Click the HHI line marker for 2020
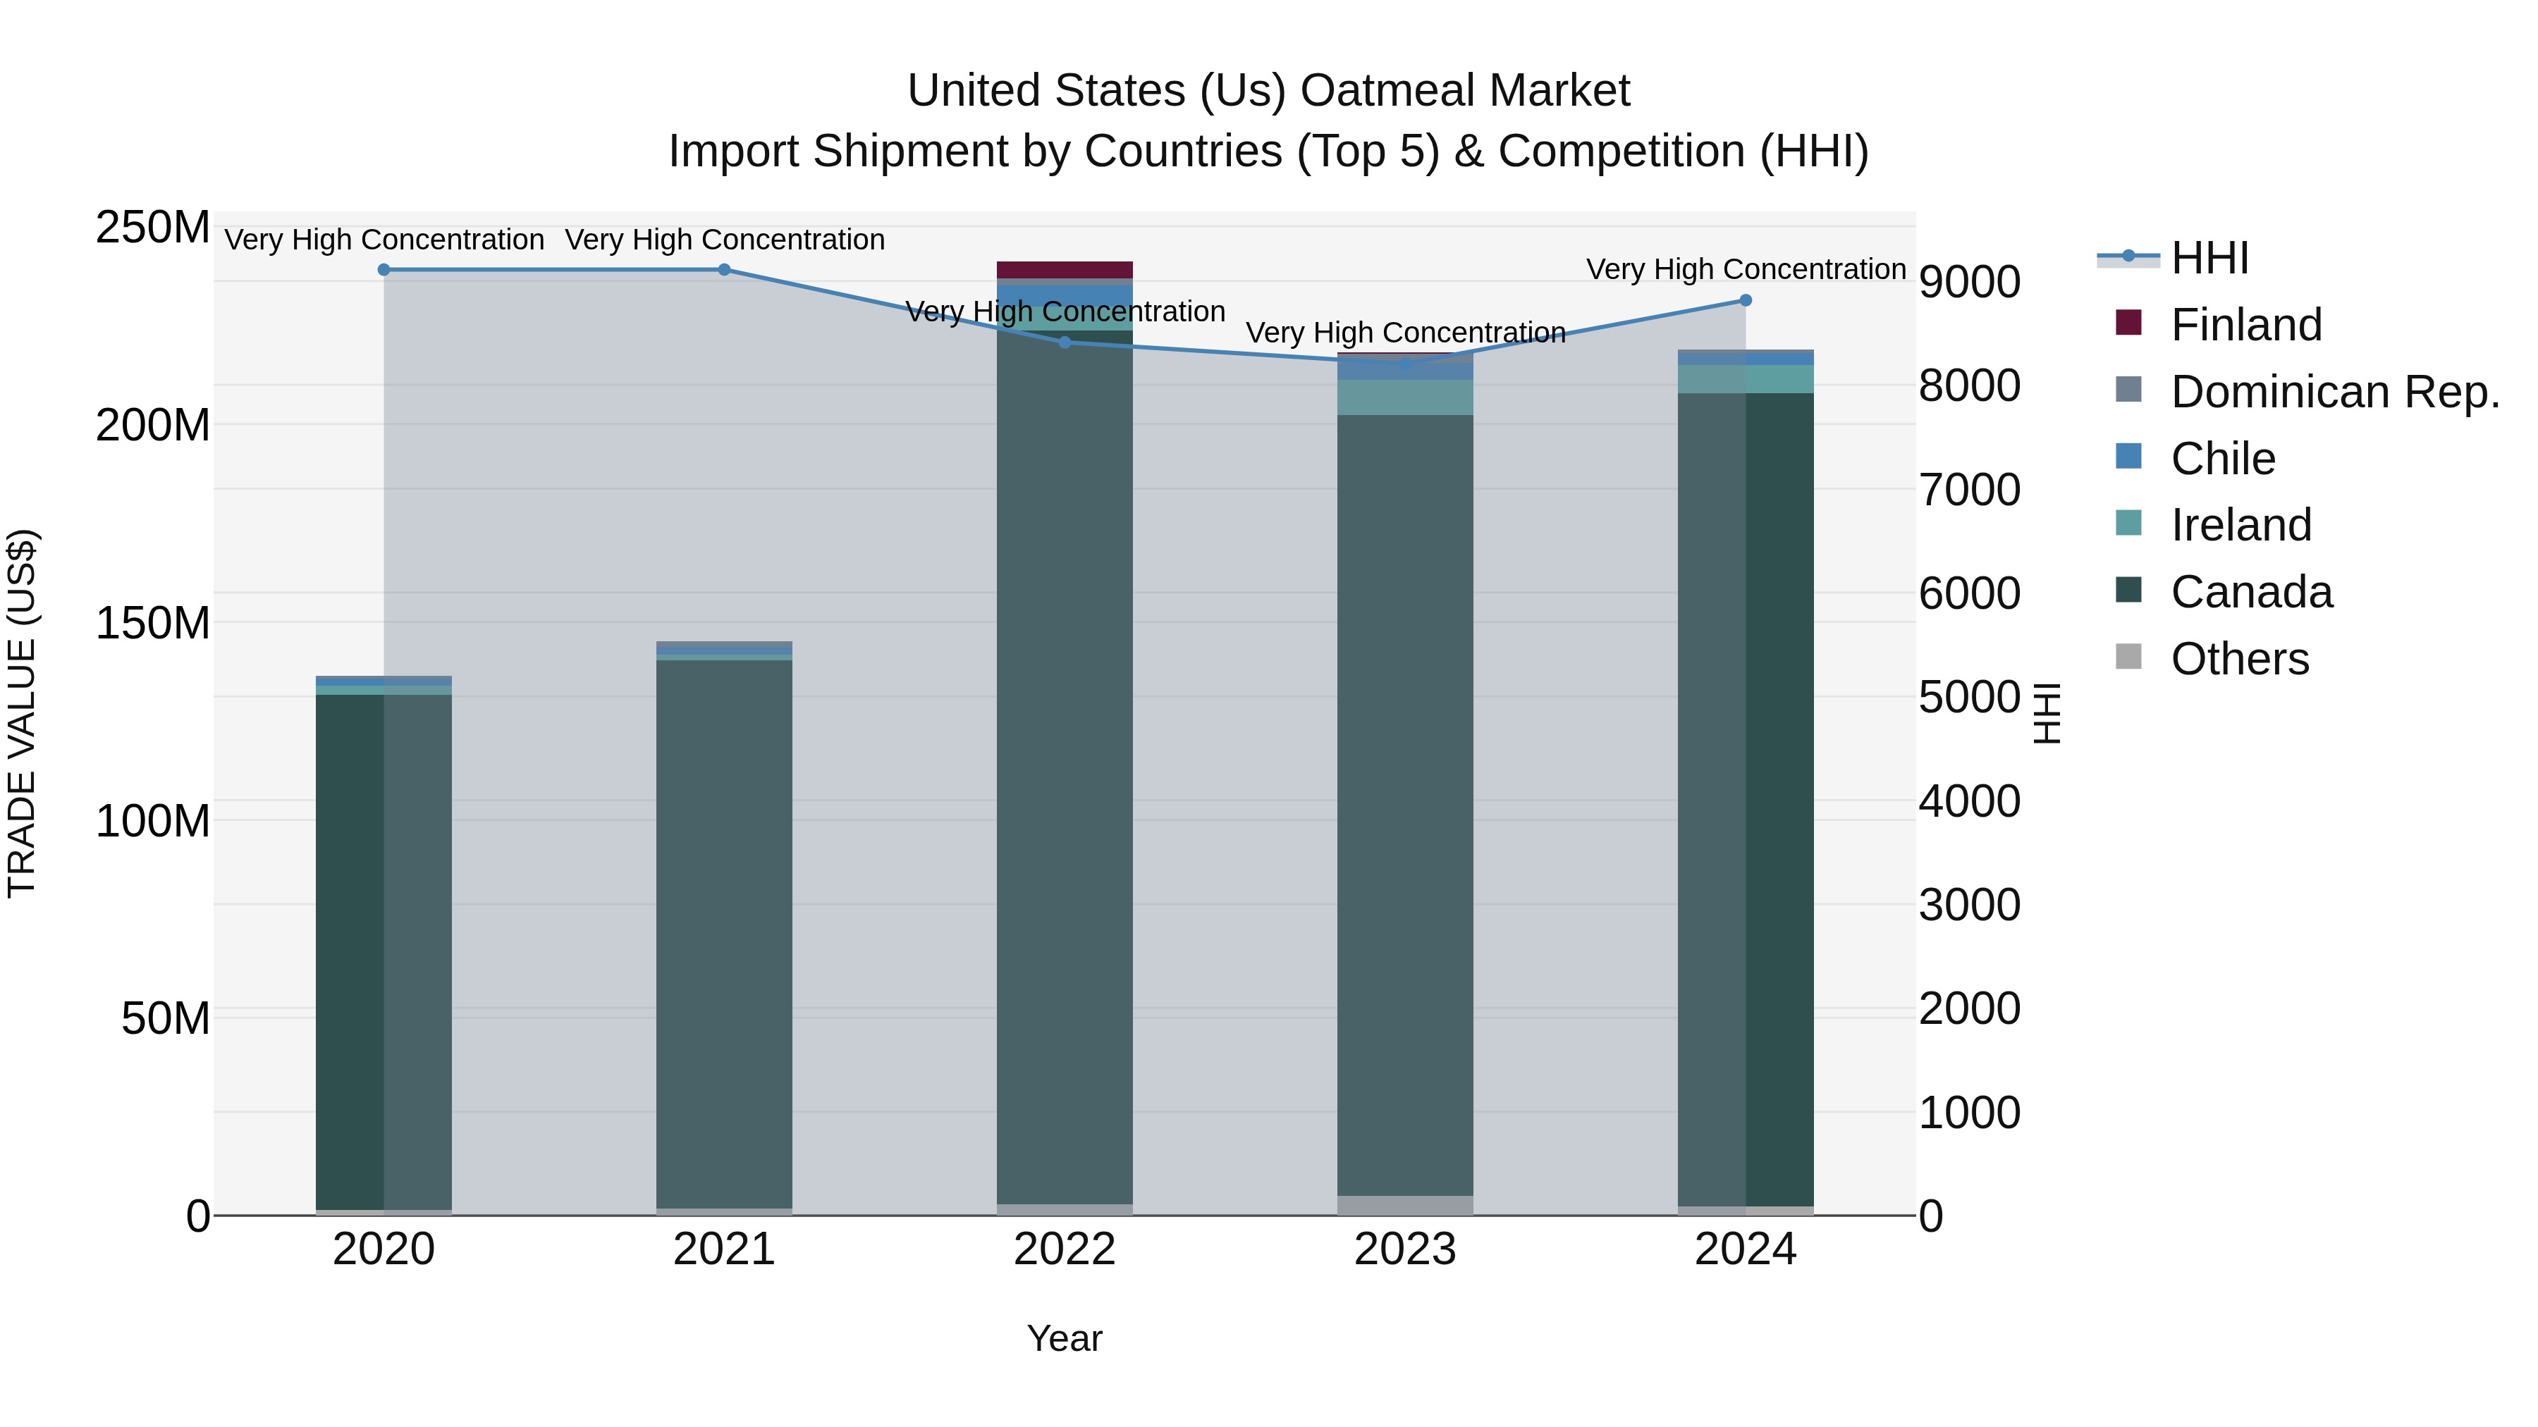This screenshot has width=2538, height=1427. [x=384, y=270]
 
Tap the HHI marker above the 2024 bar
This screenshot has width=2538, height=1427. [x=1745, y=300]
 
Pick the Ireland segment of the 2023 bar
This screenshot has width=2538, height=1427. [x=1405, y=397]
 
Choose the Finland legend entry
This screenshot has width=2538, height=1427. [x=2245, y=325]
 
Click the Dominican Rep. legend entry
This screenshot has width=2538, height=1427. [x=2334, y=392]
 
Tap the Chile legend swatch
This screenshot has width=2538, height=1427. [x=2128, y=457]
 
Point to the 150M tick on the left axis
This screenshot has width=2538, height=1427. [x=153, y=624]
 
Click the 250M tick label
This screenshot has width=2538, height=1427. [x=153, y=228]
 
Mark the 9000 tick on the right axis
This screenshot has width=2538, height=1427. [x=1968, y=283]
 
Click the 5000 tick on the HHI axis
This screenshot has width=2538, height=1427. [x=1968, y=697]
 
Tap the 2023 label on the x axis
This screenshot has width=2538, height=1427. [x=1405, y=1249]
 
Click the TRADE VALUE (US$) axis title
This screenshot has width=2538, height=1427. [x=22, y=713]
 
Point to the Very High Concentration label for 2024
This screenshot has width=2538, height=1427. [x=1745, y=269]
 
